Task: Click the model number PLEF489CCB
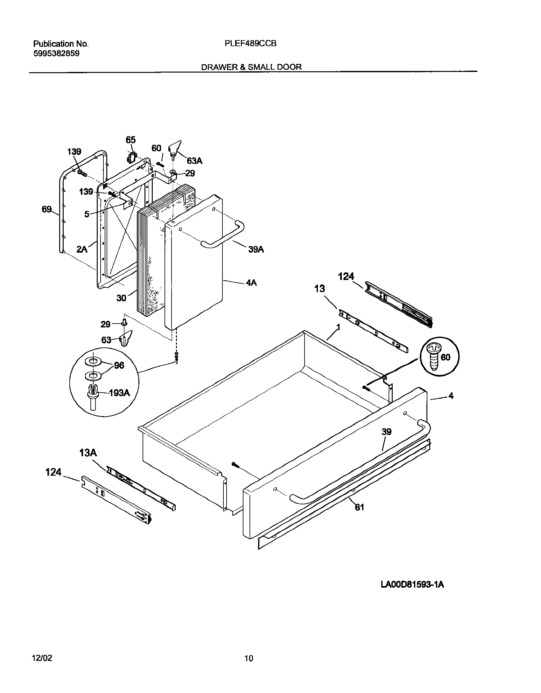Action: (x=250, y=44)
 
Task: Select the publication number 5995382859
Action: (x=56, y=54)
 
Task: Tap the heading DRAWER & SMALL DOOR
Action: (x=251, y=67)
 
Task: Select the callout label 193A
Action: (x=119, y=393)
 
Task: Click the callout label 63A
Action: (x=194, y=161)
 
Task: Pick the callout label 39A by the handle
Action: (x=256, y=249)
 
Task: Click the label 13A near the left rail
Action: (x=88, y=453)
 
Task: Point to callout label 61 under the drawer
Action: (x=359, y=507)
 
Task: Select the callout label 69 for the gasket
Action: (x=46, y=209)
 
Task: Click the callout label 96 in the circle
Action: (x=119, y=365)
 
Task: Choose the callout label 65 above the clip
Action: (x=130, y=140)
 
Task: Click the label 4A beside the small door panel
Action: (x=251, y=283)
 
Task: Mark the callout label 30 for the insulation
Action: (x=121, y=298)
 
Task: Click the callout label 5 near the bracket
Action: (x=87, y=214)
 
